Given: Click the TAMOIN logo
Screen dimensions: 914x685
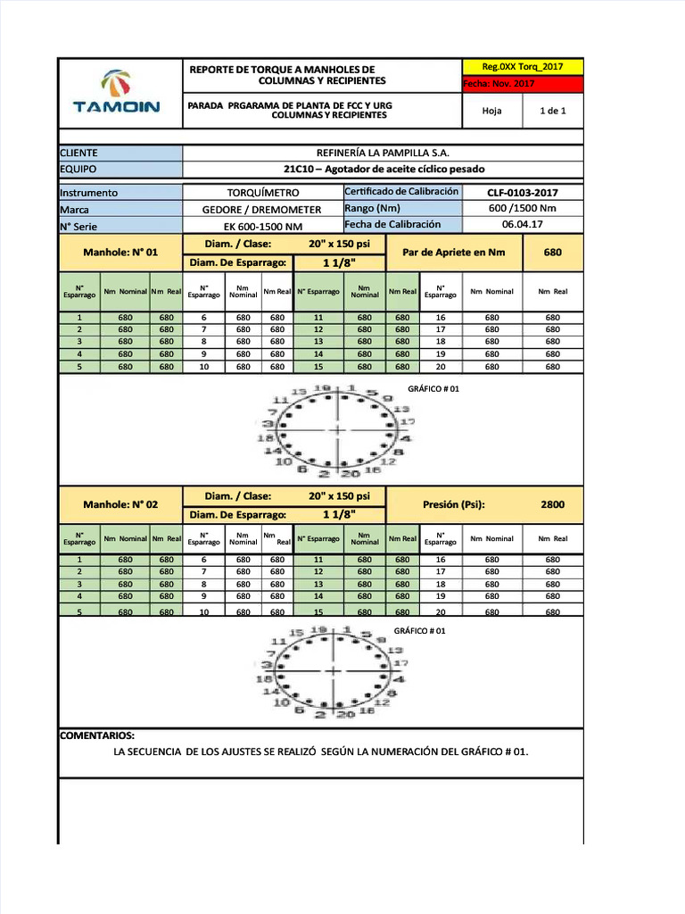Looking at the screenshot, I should click(x=117, y=93).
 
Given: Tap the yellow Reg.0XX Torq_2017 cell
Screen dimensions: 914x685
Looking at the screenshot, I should click(x=524, y=67).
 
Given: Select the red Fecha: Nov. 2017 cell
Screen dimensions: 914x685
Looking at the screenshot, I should click(x=523, y=84).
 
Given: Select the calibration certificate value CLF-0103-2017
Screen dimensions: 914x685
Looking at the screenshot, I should click(x=523, y=192).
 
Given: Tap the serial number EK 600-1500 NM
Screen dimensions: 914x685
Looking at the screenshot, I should click(x=262, y=226).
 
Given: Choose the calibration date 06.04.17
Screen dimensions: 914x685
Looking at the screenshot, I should click(x=523, y=225).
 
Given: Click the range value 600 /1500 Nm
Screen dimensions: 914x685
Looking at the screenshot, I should click(x=523, y=209).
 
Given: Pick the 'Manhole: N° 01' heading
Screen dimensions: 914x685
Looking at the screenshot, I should click(x=120, y=253).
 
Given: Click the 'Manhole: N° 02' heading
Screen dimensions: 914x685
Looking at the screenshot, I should click(x=120, y=504).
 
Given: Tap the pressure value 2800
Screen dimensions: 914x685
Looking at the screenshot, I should click(x=552, y=504).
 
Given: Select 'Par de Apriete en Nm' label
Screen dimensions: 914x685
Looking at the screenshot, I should click(x=453, y=253).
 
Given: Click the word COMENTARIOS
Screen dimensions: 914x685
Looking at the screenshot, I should click(x=97, y=735).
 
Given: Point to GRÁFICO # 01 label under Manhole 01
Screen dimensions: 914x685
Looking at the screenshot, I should click(x=433, y=389).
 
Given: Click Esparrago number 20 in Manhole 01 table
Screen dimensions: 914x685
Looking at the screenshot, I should click(x=440, y=367).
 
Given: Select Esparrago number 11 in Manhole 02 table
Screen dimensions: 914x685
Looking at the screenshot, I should click(x=318, y=560).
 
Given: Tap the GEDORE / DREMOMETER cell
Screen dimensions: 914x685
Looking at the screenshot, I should click(x=261, y=210).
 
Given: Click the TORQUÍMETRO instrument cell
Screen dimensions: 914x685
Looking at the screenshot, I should click(x=262, y=193).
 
